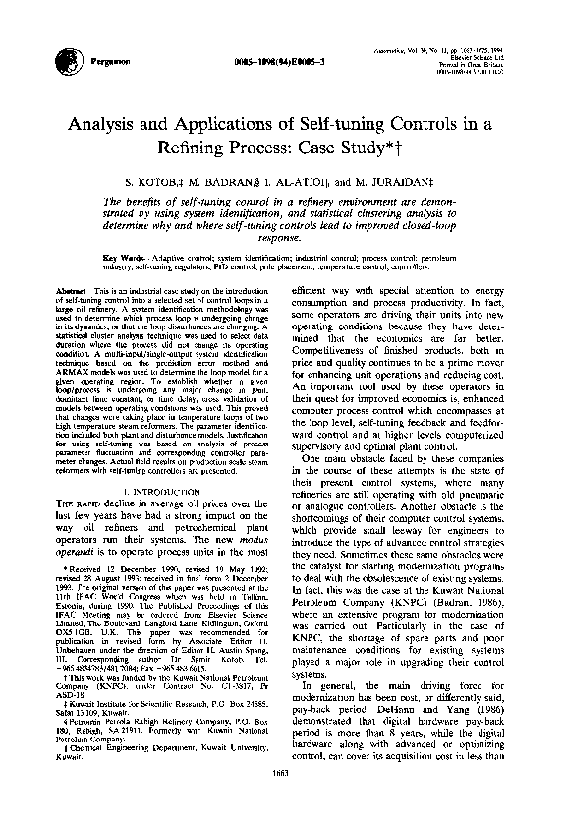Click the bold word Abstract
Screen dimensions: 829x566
(74, 293)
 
